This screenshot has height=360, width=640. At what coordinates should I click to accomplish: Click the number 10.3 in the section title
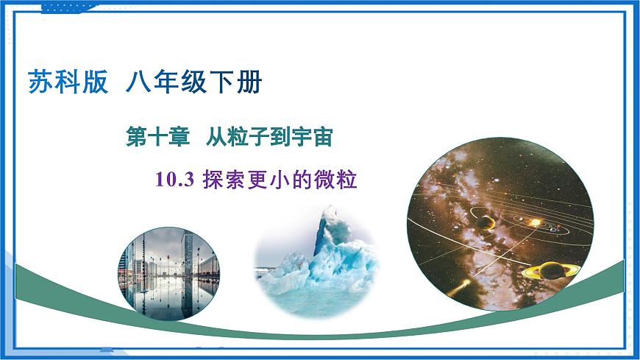coord(174,180)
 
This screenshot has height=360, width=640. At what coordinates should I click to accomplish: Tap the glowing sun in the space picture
coord(536,221)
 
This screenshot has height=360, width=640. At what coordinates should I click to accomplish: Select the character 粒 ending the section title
coord(347,180)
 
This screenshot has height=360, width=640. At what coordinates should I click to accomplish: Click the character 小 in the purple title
coord(280,180)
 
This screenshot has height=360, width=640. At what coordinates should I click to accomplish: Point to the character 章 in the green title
coord(176,138)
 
